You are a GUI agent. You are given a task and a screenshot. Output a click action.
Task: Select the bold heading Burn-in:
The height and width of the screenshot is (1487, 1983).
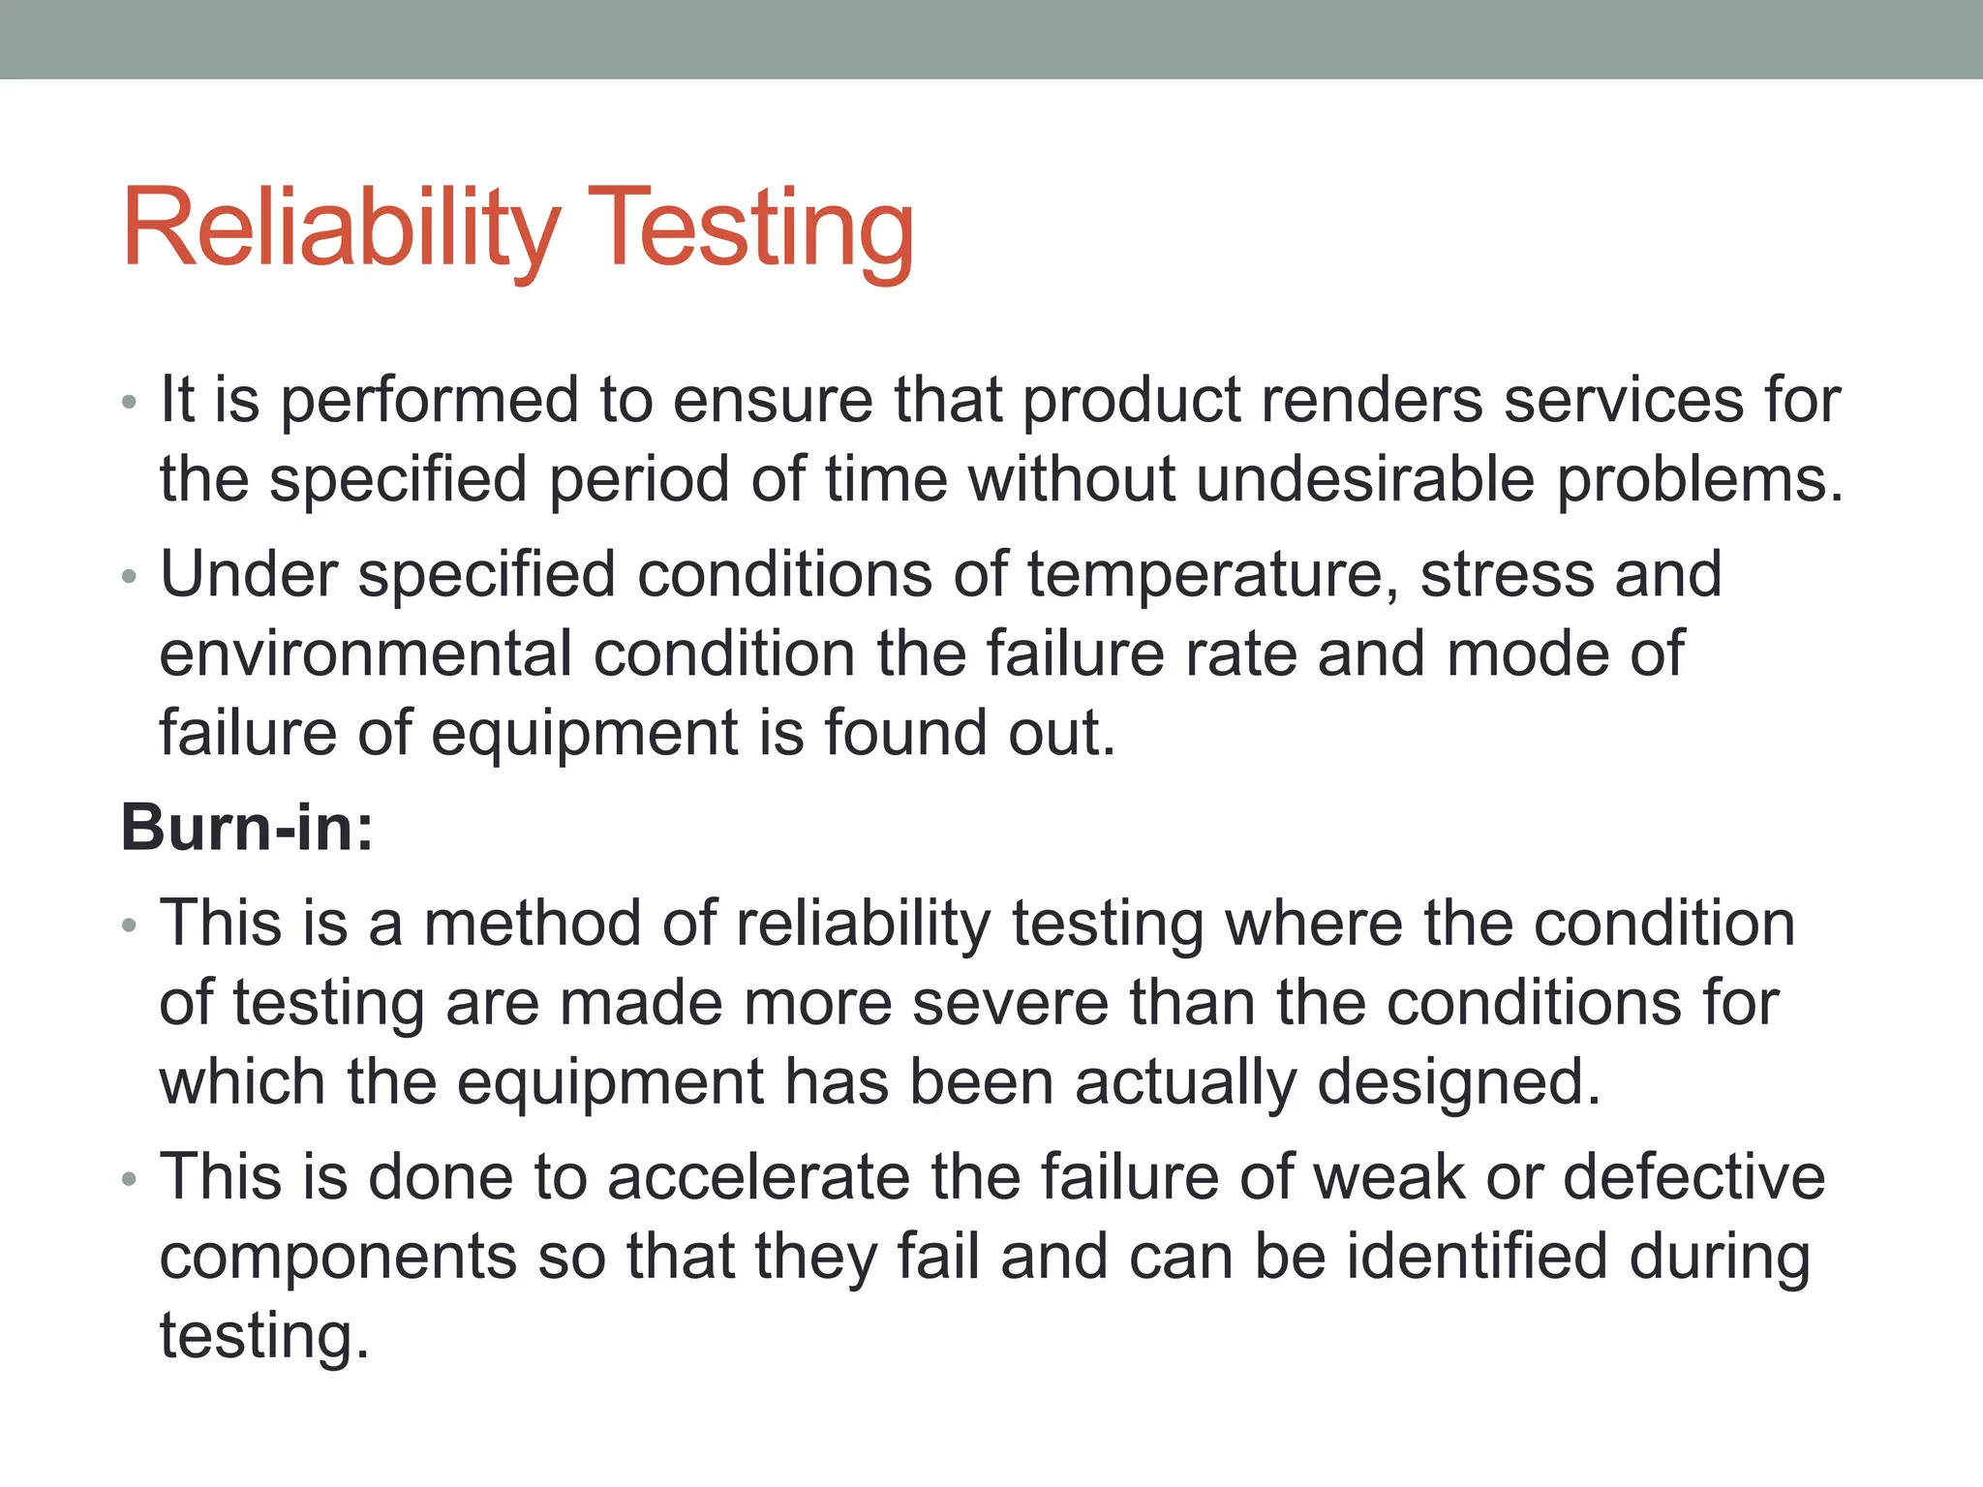[247, 829]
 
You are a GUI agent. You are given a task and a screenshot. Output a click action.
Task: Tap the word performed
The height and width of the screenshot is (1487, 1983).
[429, 400]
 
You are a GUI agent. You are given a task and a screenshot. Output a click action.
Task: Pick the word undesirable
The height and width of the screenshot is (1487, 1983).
[1365, 479]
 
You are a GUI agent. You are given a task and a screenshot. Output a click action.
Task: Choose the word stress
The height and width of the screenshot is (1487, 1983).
[1507, 575]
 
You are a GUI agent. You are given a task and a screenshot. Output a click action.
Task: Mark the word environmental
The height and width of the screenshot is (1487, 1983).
[366, 653]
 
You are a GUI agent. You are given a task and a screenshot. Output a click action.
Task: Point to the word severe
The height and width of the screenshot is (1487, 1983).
[1011, 1003]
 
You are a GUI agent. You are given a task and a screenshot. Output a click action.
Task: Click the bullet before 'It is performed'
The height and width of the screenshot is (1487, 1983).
[130, 402]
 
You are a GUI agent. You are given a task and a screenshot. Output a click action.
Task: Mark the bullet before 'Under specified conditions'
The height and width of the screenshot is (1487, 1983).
[130, 577]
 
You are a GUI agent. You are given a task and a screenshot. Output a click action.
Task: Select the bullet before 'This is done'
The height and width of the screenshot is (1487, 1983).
[130, 1180]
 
